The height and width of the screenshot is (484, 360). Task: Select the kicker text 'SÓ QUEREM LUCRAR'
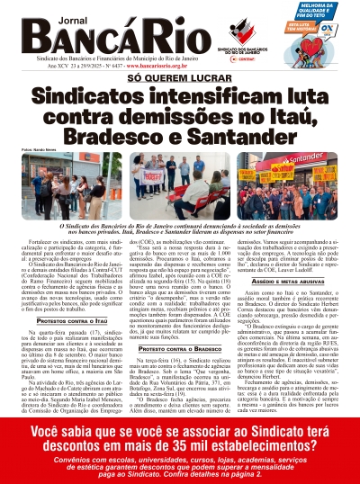[x=180, y=79]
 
